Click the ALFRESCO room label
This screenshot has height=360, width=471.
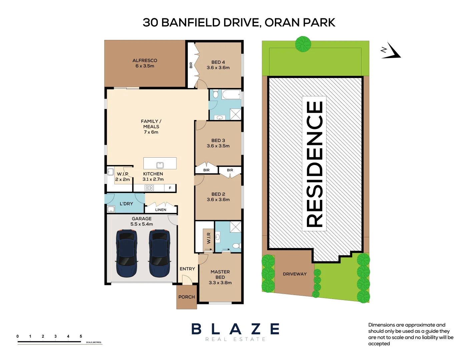click(144, 61)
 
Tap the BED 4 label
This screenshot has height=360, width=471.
click(218, 62)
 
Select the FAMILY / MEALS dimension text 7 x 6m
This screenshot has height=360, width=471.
click(151, 132)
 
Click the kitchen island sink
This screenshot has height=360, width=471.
click(160, 165)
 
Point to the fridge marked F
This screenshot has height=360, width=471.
click(170, 188)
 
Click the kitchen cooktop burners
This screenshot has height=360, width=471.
click(149, 188)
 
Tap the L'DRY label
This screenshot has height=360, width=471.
click(126, 204)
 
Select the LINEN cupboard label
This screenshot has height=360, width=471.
click(161, 210)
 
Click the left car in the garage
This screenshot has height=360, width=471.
click(126, 253)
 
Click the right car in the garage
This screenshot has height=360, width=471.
click(159, 253)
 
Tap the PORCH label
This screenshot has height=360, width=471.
click(186, 297)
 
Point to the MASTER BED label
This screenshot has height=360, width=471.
click(220, 274)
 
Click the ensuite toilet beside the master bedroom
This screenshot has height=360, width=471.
click(236, 246)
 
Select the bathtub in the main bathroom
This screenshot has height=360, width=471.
click(231, 95)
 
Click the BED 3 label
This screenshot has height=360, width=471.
click(218, 141)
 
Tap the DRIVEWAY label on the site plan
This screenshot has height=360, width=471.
click(295, 274)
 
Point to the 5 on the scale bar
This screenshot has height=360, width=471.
click(81, 336)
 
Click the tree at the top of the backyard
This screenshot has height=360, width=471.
click(303, 44)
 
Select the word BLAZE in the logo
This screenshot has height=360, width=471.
click(235, 329)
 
